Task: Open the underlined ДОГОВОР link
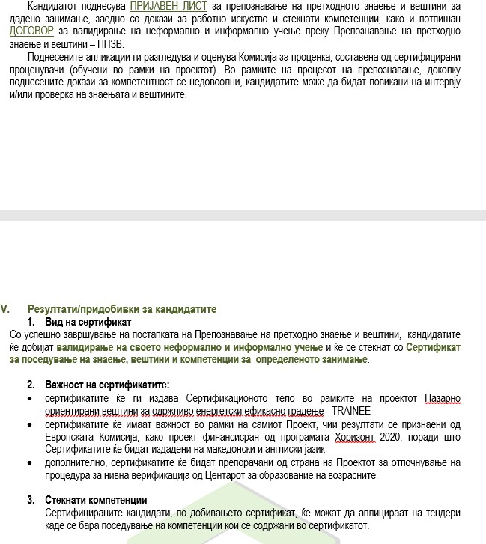[x=32, y=31]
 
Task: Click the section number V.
[x=6, y=308]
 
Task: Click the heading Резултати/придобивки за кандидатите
[x=122, y=308]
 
